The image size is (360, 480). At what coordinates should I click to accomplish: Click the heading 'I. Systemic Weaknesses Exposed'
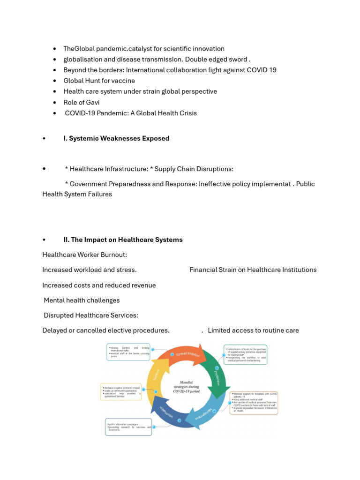click(116, 138)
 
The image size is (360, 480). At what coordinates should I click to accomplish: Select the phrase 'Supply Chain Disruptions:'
click(194, 169)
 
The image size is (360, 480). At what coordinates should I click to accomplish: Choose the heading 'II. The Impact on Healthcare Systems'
click(123, 240)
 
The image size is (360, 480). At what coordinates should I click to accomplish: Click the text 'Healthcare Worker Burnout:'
click(85, 255)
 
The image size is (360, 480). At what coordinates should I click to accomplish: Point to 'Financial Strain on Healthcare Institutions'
click(253, 270)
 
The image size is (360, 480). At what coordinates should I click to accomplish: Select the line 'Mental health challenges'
click(82, 300)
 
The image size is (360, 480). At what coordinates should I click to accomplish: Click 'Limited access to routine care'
click(253, 330)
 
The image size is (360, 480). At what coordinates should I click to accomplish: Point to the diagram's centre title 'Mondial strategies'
click(186, 387)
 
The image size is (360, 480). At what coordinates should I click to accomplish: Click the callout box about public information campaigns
click(128, 427)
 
